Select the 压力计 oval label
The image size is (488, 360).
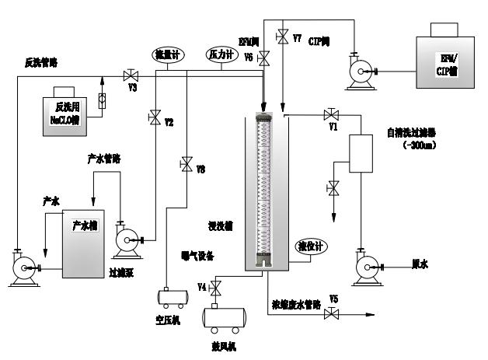[x=219, y=54]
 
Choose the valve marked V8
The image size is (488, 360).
[x=186, y=164]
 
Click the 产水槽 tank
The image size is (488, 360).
[x=85, y=243]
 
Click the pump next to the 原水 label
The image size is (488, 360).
[x=366, y=267]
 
